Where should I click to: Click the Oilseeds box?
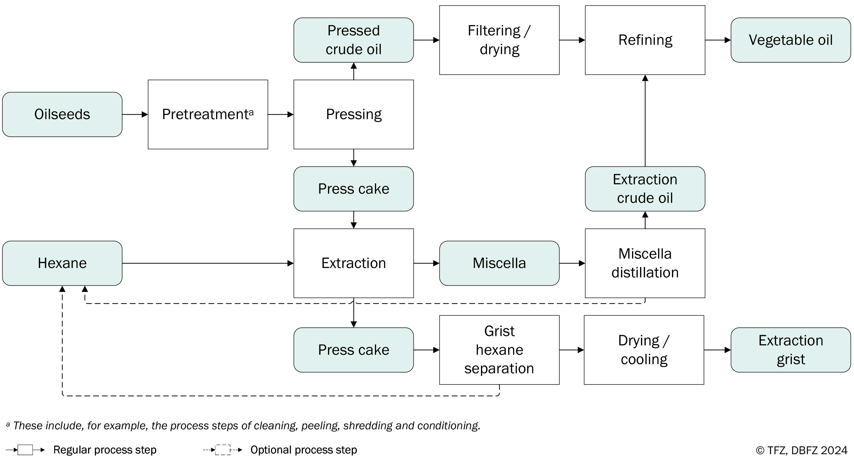click(x=62, y=114)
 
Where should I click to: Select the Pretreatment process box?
click(x=208, y=114)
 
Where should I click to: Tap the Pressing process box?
click(x=354, y=114)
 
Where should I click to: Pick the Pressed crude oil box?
click(x=354, y=40)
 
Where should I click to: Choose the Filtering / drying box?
click(x=499, y=40)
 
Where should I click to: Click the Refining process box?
click(x=645, y=40)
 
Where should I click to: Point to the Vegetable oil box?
click(x=791, y=40)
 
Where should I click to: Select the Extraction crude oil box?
click(x=645, y=189)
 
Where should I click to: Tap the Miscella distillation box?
click(x=645, y=263)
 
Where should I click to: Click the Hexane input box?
click(x=62, y=263)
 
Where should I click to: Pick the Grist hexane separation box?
click(x=499, y=350)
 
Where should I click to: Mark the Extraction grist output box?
click(x=791, y=350)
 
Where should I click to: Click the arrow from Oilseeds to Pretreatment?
click(x=135, y=114)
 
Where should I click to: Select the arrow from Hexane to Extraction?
click(x=208, y=263)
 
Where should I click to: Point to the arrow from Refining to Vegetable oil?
click(x=718, y=40)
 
